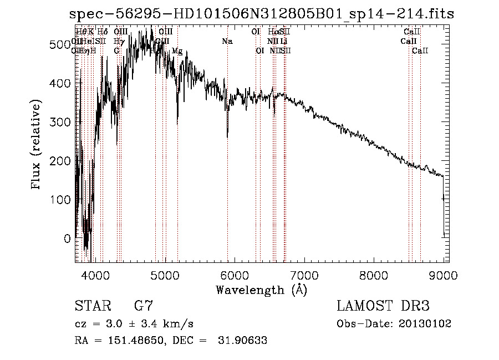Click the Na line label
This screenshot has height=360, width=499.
[x=227, y=41]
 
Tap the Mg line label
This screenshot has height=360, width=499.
[x=177, y=50]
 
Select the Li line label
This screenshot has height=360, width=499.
[x=283, y=41]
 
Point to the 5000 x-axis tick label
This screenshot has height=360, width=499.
[x=165, y=276]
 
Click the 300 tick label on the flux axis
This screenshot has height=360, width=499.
[x=62, y=121]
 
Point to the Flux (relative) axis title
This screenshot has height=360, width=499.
[x=37, y=145]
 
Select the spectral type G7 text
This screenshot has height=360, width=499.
[x=143, y=306]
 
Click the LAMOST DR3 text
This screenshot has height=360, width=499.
[x=383, y=306]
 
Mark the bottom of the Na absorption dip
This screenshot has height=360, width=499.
[x=227, y=136]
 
